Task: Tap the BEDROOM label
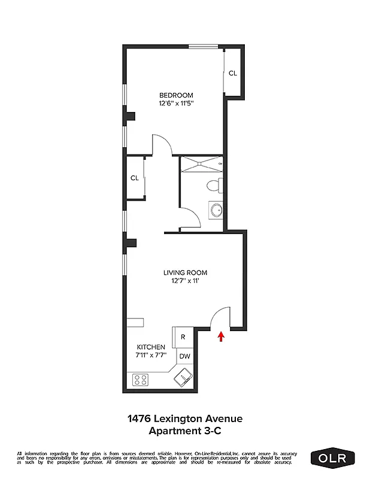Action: (x=176, y=95)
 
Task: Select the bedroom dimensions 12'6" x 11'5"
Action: (x=176, y=103)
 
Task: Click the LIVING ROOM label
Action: (x=186, y=273)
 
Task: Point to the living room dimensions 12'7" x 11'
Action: (x=186, y=281)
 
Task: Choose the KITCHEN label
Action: (x=151, y=347)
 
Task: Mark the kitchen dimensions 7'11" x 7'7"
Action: (x=151, y=356)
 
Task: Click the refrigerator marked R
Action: (x=183, y=336)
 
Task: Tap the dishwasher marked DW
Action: (x=185, y=356)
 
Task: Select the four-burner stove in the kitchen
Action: (x=141, y=379)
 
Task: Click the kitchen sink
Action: (x=181, y=377)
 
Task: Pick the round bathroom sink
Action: (x=216, y=210)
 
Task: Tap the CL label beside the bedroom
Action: (x=232, y=73)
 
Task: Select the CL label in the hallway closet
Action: (x=135, y=178)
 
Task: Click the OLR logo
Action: (x=332, y=457)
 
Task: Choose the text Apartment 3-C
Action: (x=185, y=431)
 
